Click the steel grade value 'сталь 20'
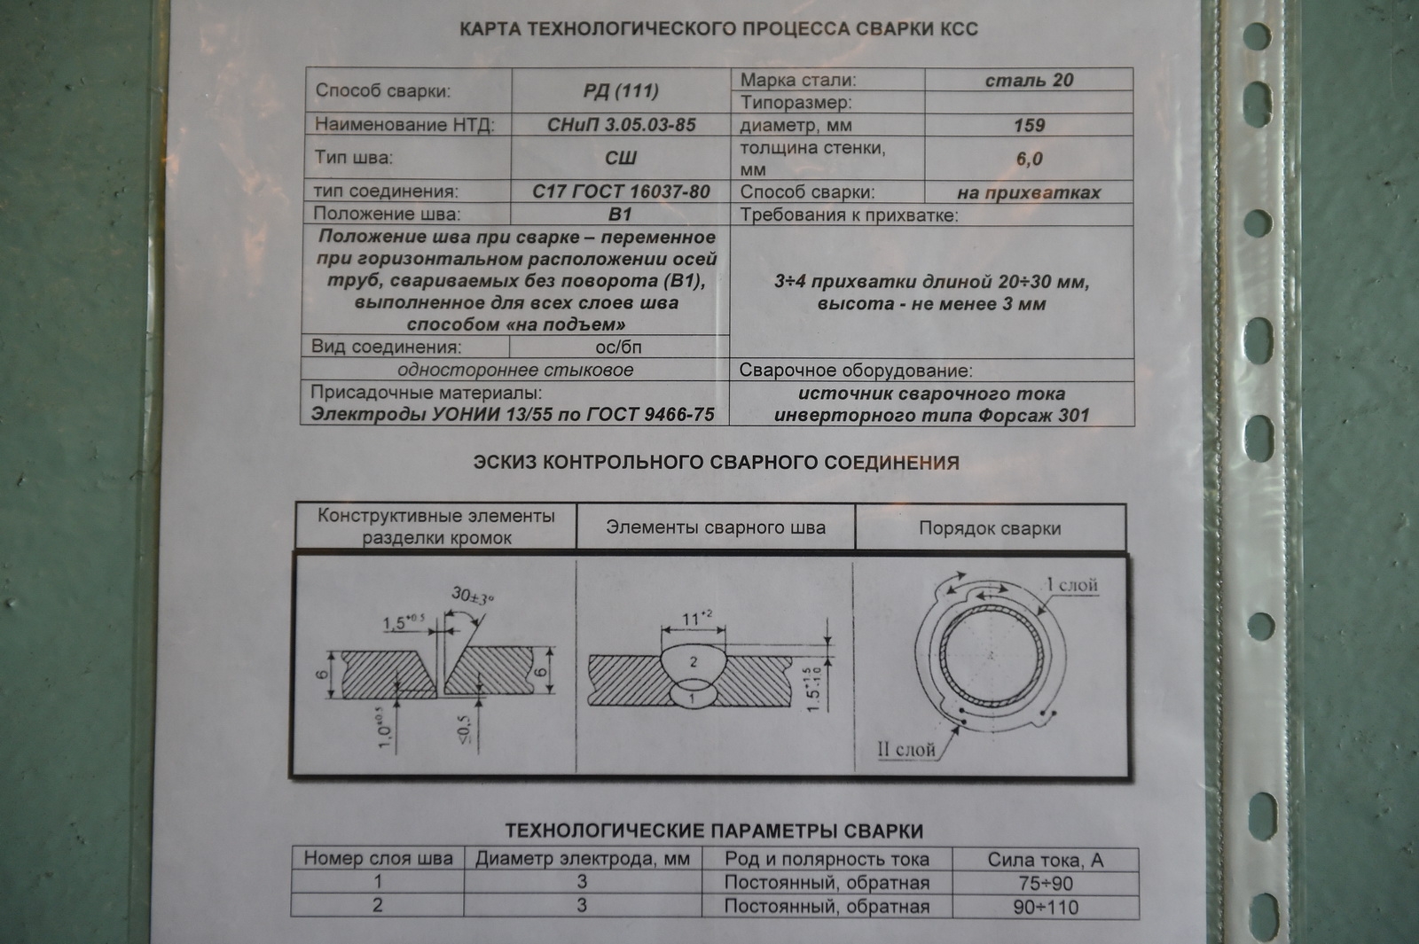[x=1029, y=81]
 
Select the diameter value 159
[x=1029, y=126]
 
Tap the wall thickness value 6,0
[x=1029, y=160]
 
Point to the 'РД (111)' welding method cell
[x=621, y=91]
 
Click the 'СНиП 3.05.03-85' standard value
[x=621, y=125]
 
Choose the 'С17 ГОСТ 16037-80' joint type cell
[x=621, y=191]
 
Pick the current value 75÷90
[x=1046, y=884]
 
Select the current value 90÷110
[x=1046, y=907]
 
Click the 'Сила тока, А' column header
[x=1046, y=860]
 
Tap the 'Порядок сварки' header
[x=990, y=528]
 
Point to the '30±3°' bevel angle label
[x=473, y=596]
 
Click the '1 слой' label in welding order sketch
[x=1071, y=585]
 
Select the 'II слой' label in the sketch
[x=905, y=750]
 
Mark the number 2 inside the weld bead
[x=694, y=661]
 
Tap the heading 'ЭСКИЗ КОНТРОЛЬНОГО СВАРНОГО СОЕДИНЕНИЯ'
[x=716, y=463]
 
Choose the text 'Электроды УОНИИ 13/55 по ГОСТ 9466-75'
[x=513, y=415]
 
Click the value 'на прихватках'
[x=1029, y=193]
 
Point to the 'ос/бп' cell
[x=618, y=347]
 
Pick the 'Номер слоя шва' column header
[x=378, y=858]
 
